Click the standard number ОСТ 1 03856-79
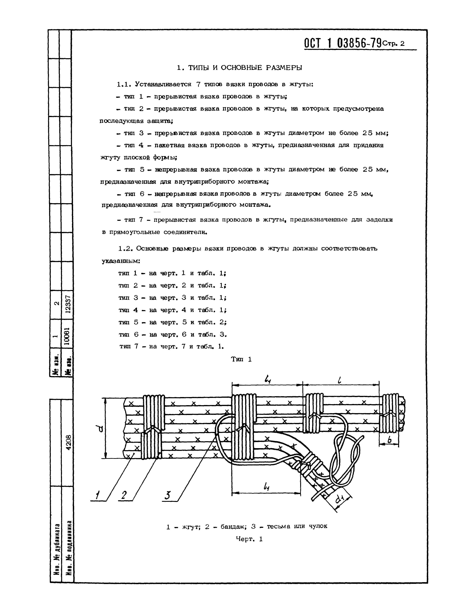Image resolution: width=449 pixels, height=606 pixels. [343, 43]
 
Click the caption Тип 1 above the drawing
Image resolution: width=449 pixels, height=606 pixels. [241, 359]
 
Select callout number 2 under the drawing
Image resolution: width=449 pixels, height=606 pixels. [124, 496]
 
